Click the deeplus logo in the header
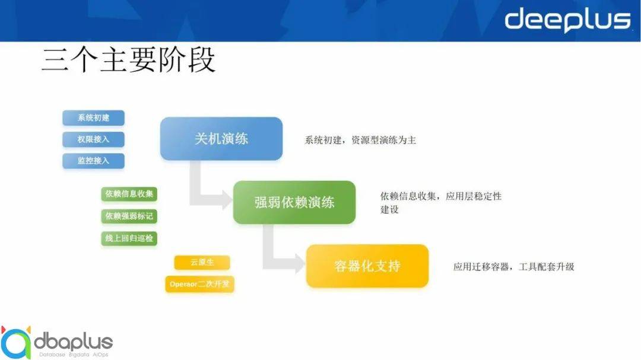(567, 20)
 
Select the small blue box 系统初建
(93, 118)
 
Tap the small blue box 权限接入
(93, 139)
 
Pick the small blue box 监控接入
(93, 161)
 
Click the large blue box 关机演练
(221, 139)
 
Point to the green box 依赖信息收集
(129, 194)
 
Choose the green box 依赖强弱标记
(129, 216)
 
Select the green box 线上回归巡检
(129, 238)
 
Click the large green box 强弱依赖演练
(294, 202)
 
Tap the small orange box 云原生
(202, 263)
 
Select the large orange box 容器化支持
(367, 266)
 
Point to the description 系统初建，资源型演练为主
(360, 141)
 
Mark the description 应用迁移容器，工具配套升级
(513, 267)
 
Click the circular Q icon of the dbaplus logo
(16, 342)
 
